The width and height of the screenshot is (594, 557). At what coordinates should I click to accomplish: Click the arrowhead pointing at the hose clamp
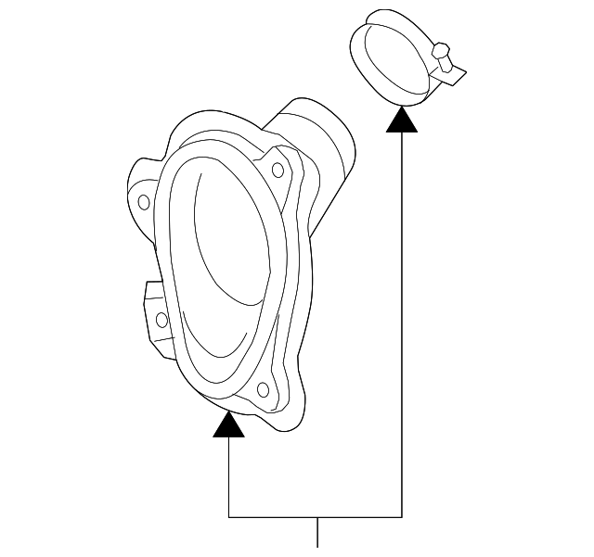[x=402, y=120]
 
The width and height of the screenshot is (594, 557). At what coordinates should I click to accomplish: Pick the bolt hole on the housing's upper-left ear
[x=143, y=201]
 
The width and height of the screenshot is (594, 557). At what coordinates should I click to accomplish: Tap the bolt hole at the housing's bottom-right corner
[x=263, y=389]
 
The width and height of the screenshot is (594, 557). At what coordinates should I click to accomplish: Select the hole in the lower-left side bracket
[x=161, y=320]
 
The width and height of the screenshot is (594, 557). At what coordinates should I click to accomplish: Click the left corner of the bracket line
[x=228, y=515]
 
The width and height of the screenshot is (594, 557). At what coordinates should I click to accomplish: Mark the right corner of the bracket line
[x=402, y=515]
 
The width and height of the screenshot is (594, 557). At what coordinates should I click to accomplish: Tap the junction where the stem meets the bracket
[x=318, y=515]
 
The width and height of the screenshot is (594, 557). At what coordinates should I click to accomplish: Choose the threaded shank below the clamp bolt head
[x=450, y=65]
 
